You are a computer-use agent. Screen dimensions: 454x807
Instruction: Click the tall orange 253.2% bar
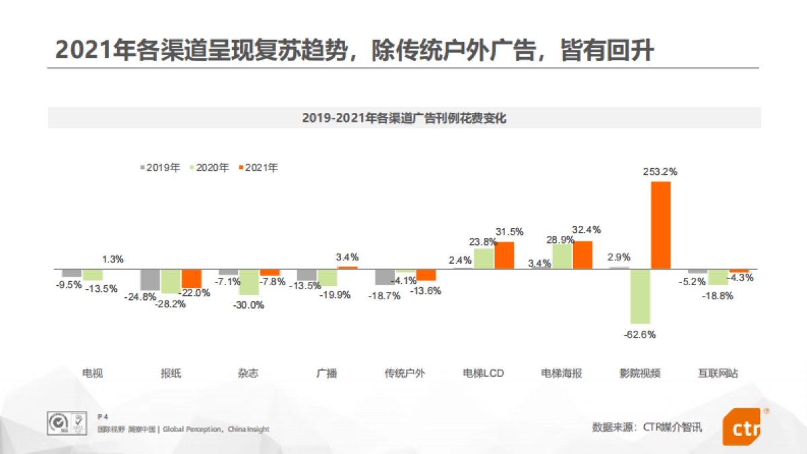[x=661, y=225]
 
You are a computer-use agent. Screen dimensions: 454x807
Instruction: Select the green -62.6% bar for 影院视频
[x=640, y=296]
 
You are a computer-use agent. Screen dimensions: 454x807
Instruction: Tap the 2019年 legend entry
[x=159, y=168]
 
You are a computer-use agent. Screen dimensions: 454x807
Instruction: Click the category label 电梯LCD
[x=484, y=373]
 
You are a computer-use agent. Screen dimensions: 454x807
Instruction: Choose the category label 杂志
[x=248, y=373]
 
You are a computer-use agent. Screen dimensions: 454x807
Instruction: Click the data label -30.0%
[x=249, y=305]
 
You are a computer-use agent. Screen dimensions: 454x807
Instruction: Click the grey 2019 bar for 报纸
[x=150, y=280]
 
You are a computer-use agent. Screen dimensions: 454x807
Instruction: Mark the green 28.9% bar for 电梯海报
[x=562, y=256]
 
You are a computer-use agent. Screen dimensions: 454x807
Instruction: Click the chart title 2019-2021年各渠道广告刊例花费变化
[x=403, y=118]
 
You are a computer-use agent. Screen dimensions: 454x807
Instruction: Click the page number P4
[x=103, y=416]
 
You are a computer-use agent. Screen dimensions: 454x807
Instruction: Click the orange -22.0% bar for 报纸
[x=192, y=278]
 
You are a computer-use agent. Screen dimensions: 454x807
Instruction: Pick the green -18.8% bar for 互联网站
[x=718, y=277]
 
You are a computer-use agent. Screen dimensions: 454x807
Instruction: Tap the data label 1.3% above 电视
[x=113, y=259]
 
